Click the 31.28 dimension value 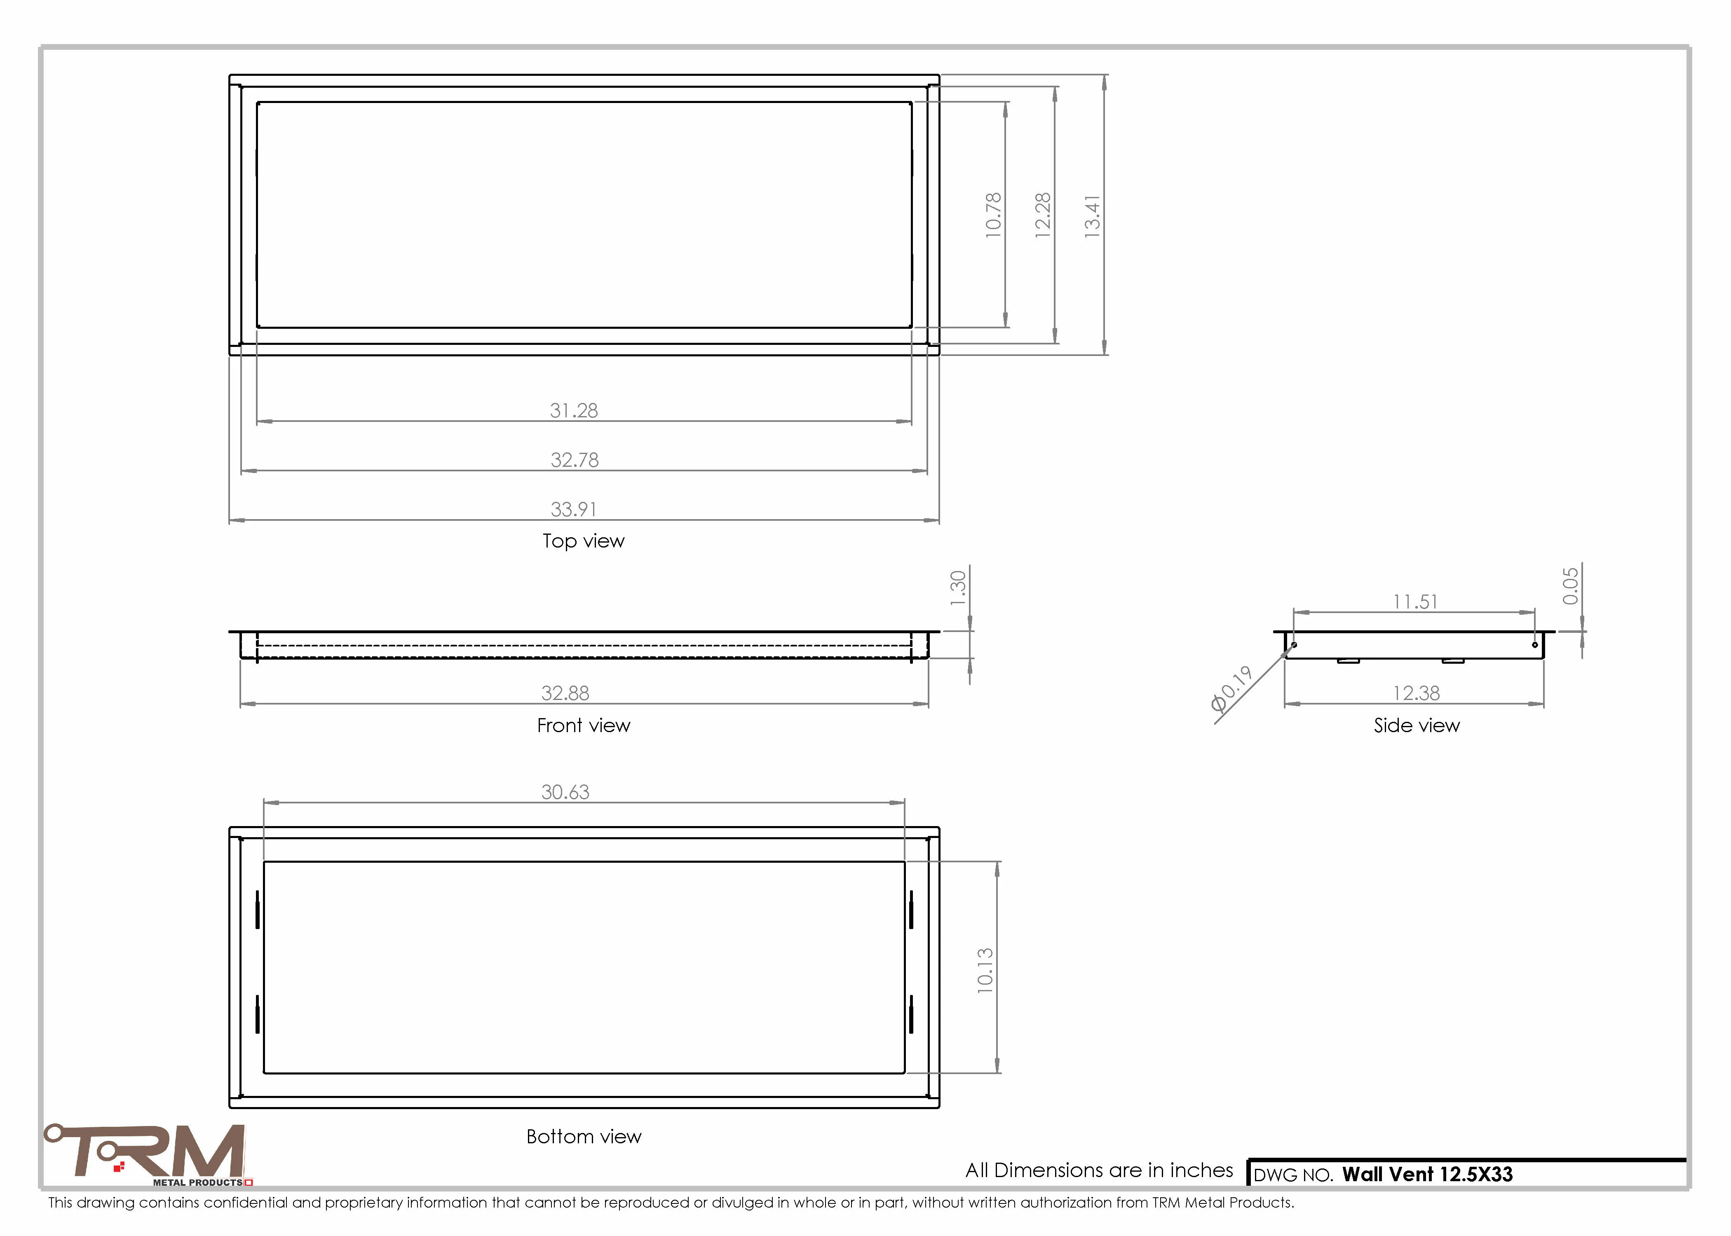point(574,410)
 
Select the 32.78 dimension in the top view point(575,460)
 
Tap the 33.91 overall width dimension point(574,509)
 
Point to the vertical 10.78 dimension point(993,215)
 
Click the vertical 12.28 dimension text point(1043,215)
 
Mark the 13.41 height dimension point(1092,217)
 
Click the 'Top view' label point(583,541)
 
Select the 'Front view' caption point(583,725)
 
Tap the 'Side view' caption point(1417,725)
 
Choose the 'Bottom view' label point(584,1136)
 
